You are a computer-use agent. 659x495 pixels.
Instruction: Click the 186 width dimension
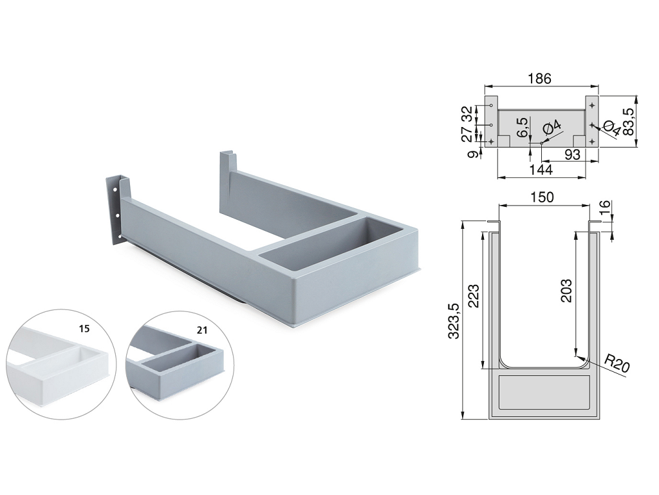tap(540, 79)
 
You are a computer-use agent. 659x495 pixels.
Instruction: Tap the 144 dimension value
tap(541, 170)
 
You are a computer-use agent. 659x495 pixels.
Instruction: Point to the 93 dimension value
tap(572, 155)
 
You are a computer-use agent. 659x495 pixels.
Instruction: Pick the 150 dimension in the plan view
tap(542, 197)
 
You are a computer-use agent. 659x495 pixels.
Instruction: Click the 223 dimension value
tap(474, 296)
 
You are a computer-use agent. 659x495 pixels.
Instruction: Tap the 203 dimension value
tap(566, 291)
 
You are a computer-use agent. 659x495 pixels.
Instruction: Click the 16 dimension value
tap(603, 208)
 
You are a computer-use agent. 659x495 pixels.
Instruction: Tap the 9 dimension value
tap(474, 154)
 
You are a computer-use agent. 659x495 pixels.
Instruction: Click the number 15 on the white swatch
tap(84, 328)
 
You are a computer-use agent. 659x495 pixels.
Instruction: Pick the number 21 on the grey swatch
tap(202, 331)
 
